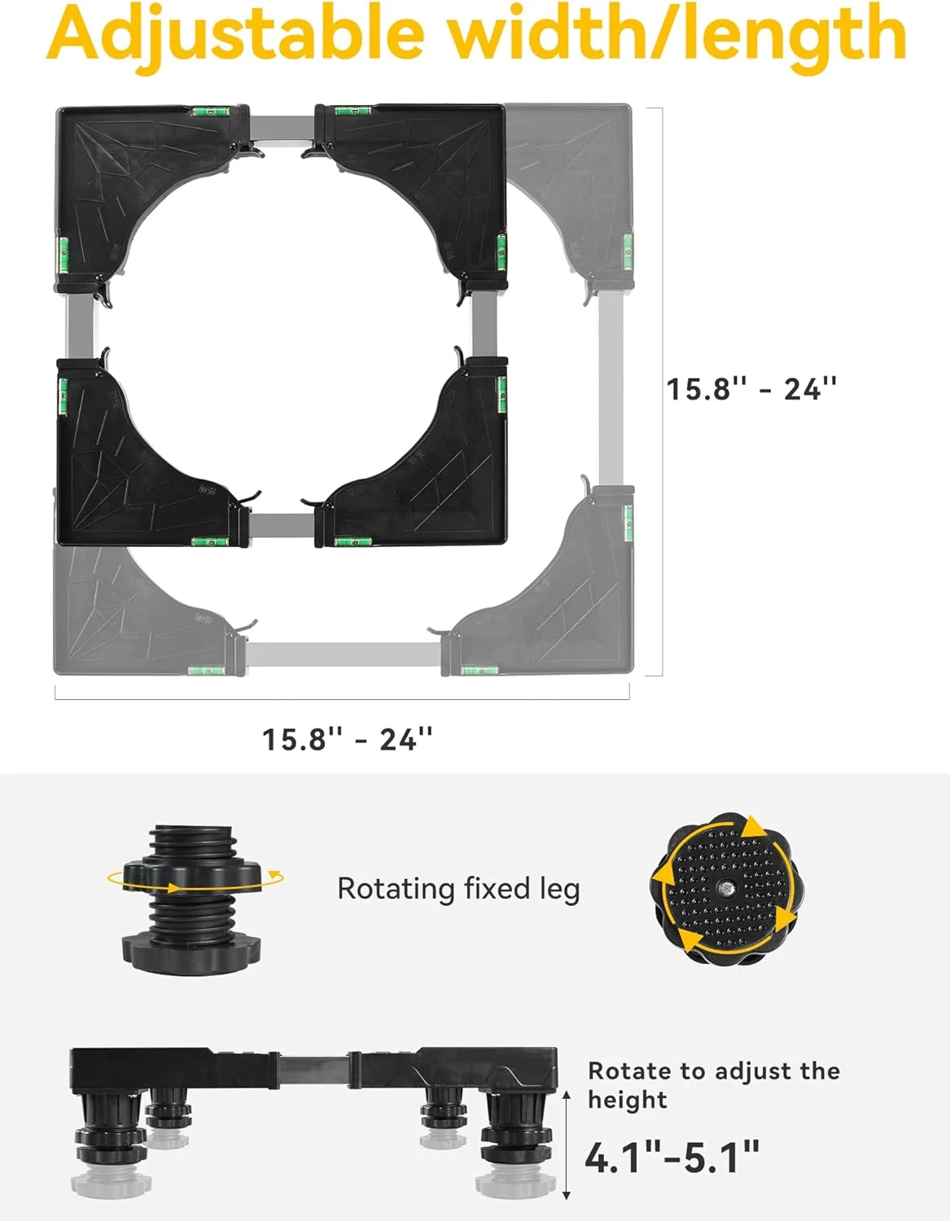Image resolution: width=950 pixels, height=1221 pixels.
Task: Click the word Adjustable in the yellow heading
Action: click(x=236, y=35)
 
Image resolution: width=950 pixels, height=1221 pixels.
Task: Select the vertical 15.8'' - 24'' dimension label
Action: click(x=751, y=389)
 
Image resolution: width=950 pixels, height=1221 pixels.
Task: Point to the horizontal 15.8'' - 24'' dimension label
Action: click(x=347, y=739)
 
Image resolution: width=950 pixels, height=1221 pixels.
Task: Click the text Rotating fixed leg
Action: click(x=458, y=890)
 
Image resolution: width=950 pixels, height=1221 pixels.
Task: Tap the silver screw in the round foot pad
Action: click(x=725, y=886)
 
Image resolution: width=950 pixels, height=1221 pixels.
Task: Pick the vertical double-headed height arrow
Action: click(x=567, y=1144)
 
